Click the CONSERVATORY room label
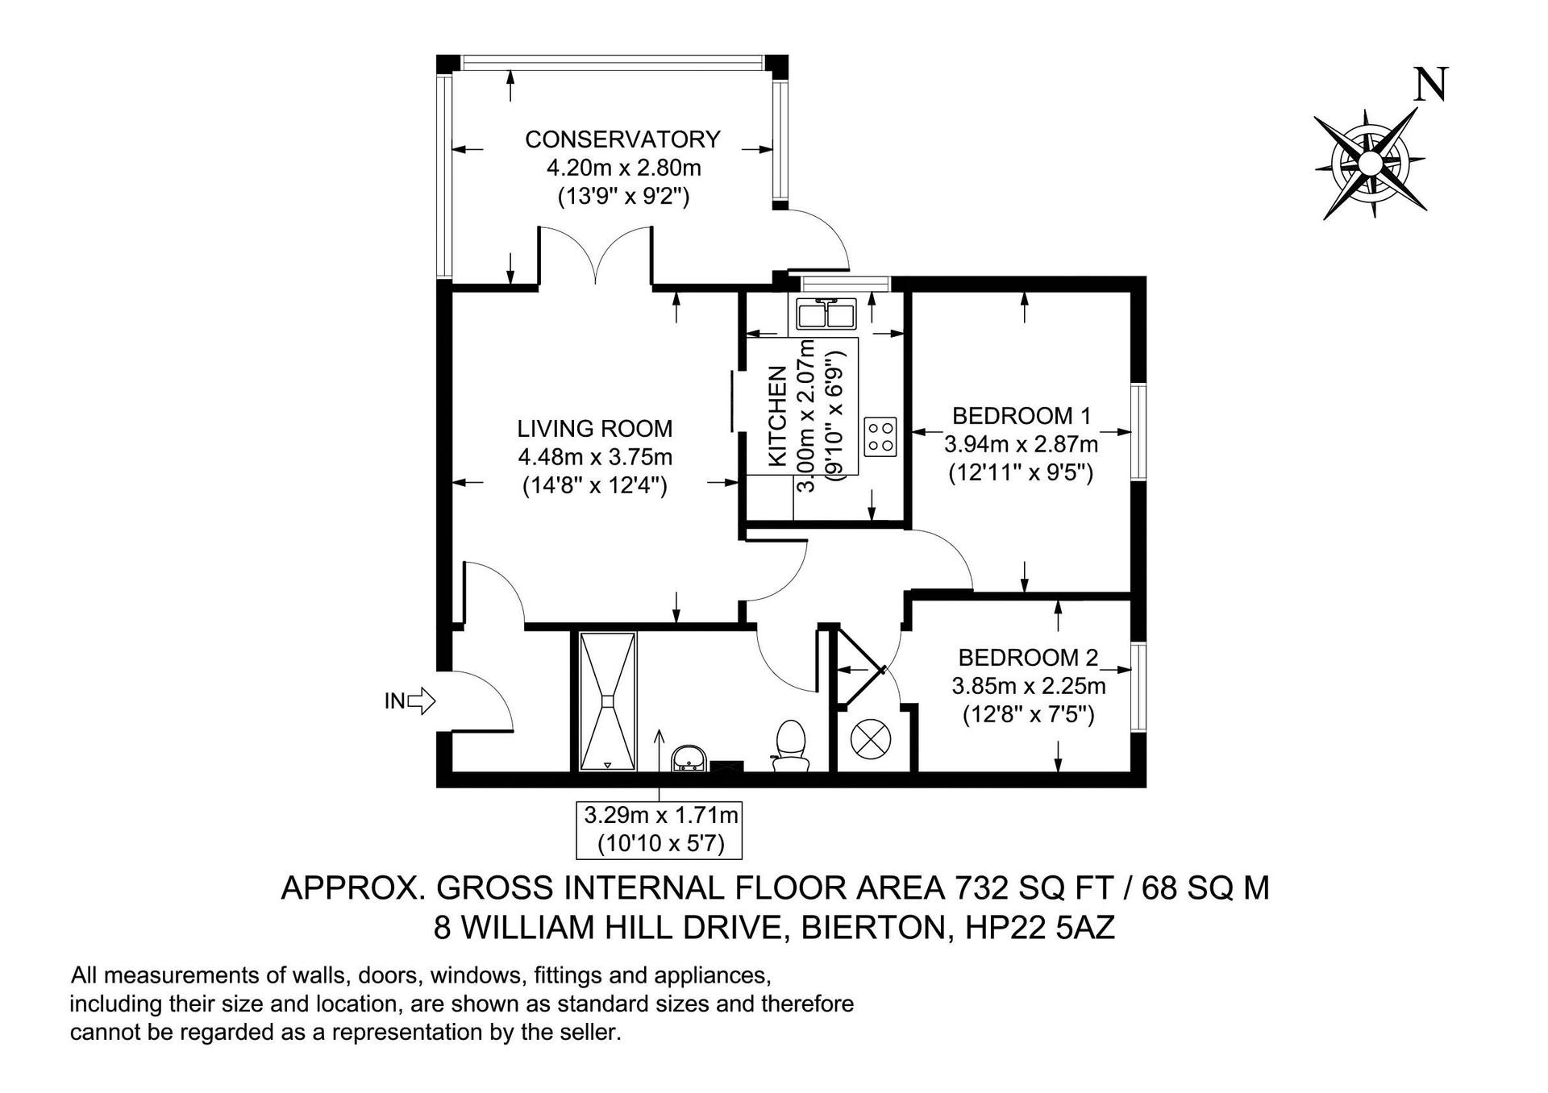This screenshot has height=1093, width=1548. pyautogui.click(x=622, y=139)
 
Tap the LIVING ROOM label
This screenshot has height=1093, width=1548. pyautogui.click(x=595, y=428)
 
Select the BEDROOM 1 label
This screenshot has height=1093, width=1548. pyautogui.click(x=1022, y=416)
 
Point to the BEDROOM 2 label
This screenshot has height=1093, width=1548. pyautogui.click(x=1028, y=658)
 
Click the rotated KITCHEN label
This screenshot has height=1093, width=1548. pyautogui.click(x=778, y=416)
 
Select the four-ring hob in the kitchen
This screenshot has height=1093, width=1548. pyautogui.click(x=880, y=437)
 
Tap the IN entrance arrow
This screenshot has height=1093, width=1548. pyautogui.click(x=410, y=701)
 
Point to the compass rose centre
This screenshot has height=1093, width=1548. pyautogui.click(x=1370, y=164)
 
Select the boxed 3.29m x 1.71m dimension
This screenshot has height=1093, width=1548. pyautogui.click(x=658, y=829)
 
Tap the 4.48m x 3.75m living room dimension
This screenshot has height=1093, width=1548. pyautogui.click(x=595, y=457)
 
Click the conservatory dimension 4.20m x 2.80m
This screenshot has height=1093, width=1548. pyautogui.click(x=623, y=168)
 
